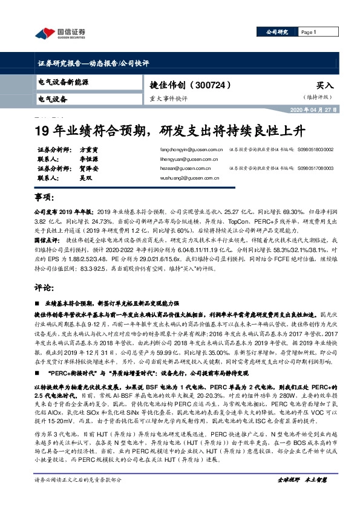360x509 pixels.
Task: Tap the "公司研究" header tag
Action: [x=279, y=32]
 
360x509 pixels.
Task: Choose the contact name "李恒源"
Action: [x=91, y=159]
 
